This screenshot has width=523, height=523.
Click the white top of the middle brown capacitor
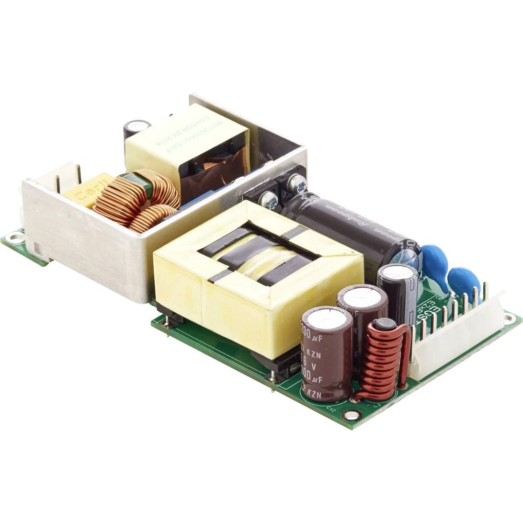coord(362,297)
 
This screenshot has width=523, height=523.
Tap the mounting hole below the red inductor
coord(351,415)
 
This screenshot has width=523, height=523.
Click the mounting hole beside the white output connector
coord(508,318)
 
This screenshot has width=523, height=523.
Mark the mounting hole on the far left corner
coord(15,238)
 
